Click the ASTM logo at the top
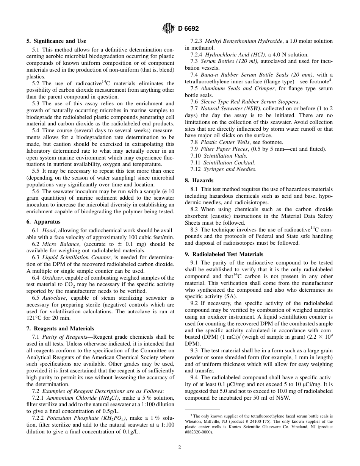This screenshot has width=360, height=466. click(167, 28)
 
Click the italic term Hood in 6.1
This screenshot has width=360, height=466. click(49, 231)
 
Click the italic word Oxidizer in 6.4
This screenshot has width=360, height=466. click(53, 278)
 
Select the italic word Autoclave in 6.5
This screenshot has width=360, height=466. click(54, 298)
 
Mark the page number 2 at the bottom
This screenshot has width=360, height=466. click(180, 447)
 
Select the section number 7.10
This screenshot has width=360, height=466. click(196, 156)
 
